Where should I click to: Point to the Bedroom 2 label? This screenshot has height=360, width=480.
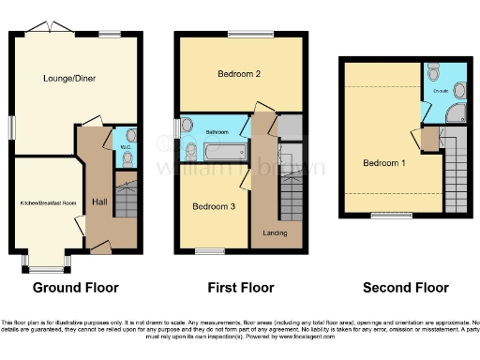tap(238, 72)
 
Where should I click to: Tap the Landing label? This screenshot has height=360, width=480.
tap(276, 232)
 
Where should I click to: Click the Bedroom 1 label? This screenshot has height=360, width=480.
tap(382, 161)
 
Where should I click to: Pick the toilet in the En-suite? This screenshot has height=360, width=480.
tap(432, 72)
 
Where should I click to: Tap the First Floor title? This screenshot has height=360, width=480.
tap(239, 287)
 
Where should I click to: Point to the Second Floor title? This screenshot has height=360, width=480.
tap(405, 287)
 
